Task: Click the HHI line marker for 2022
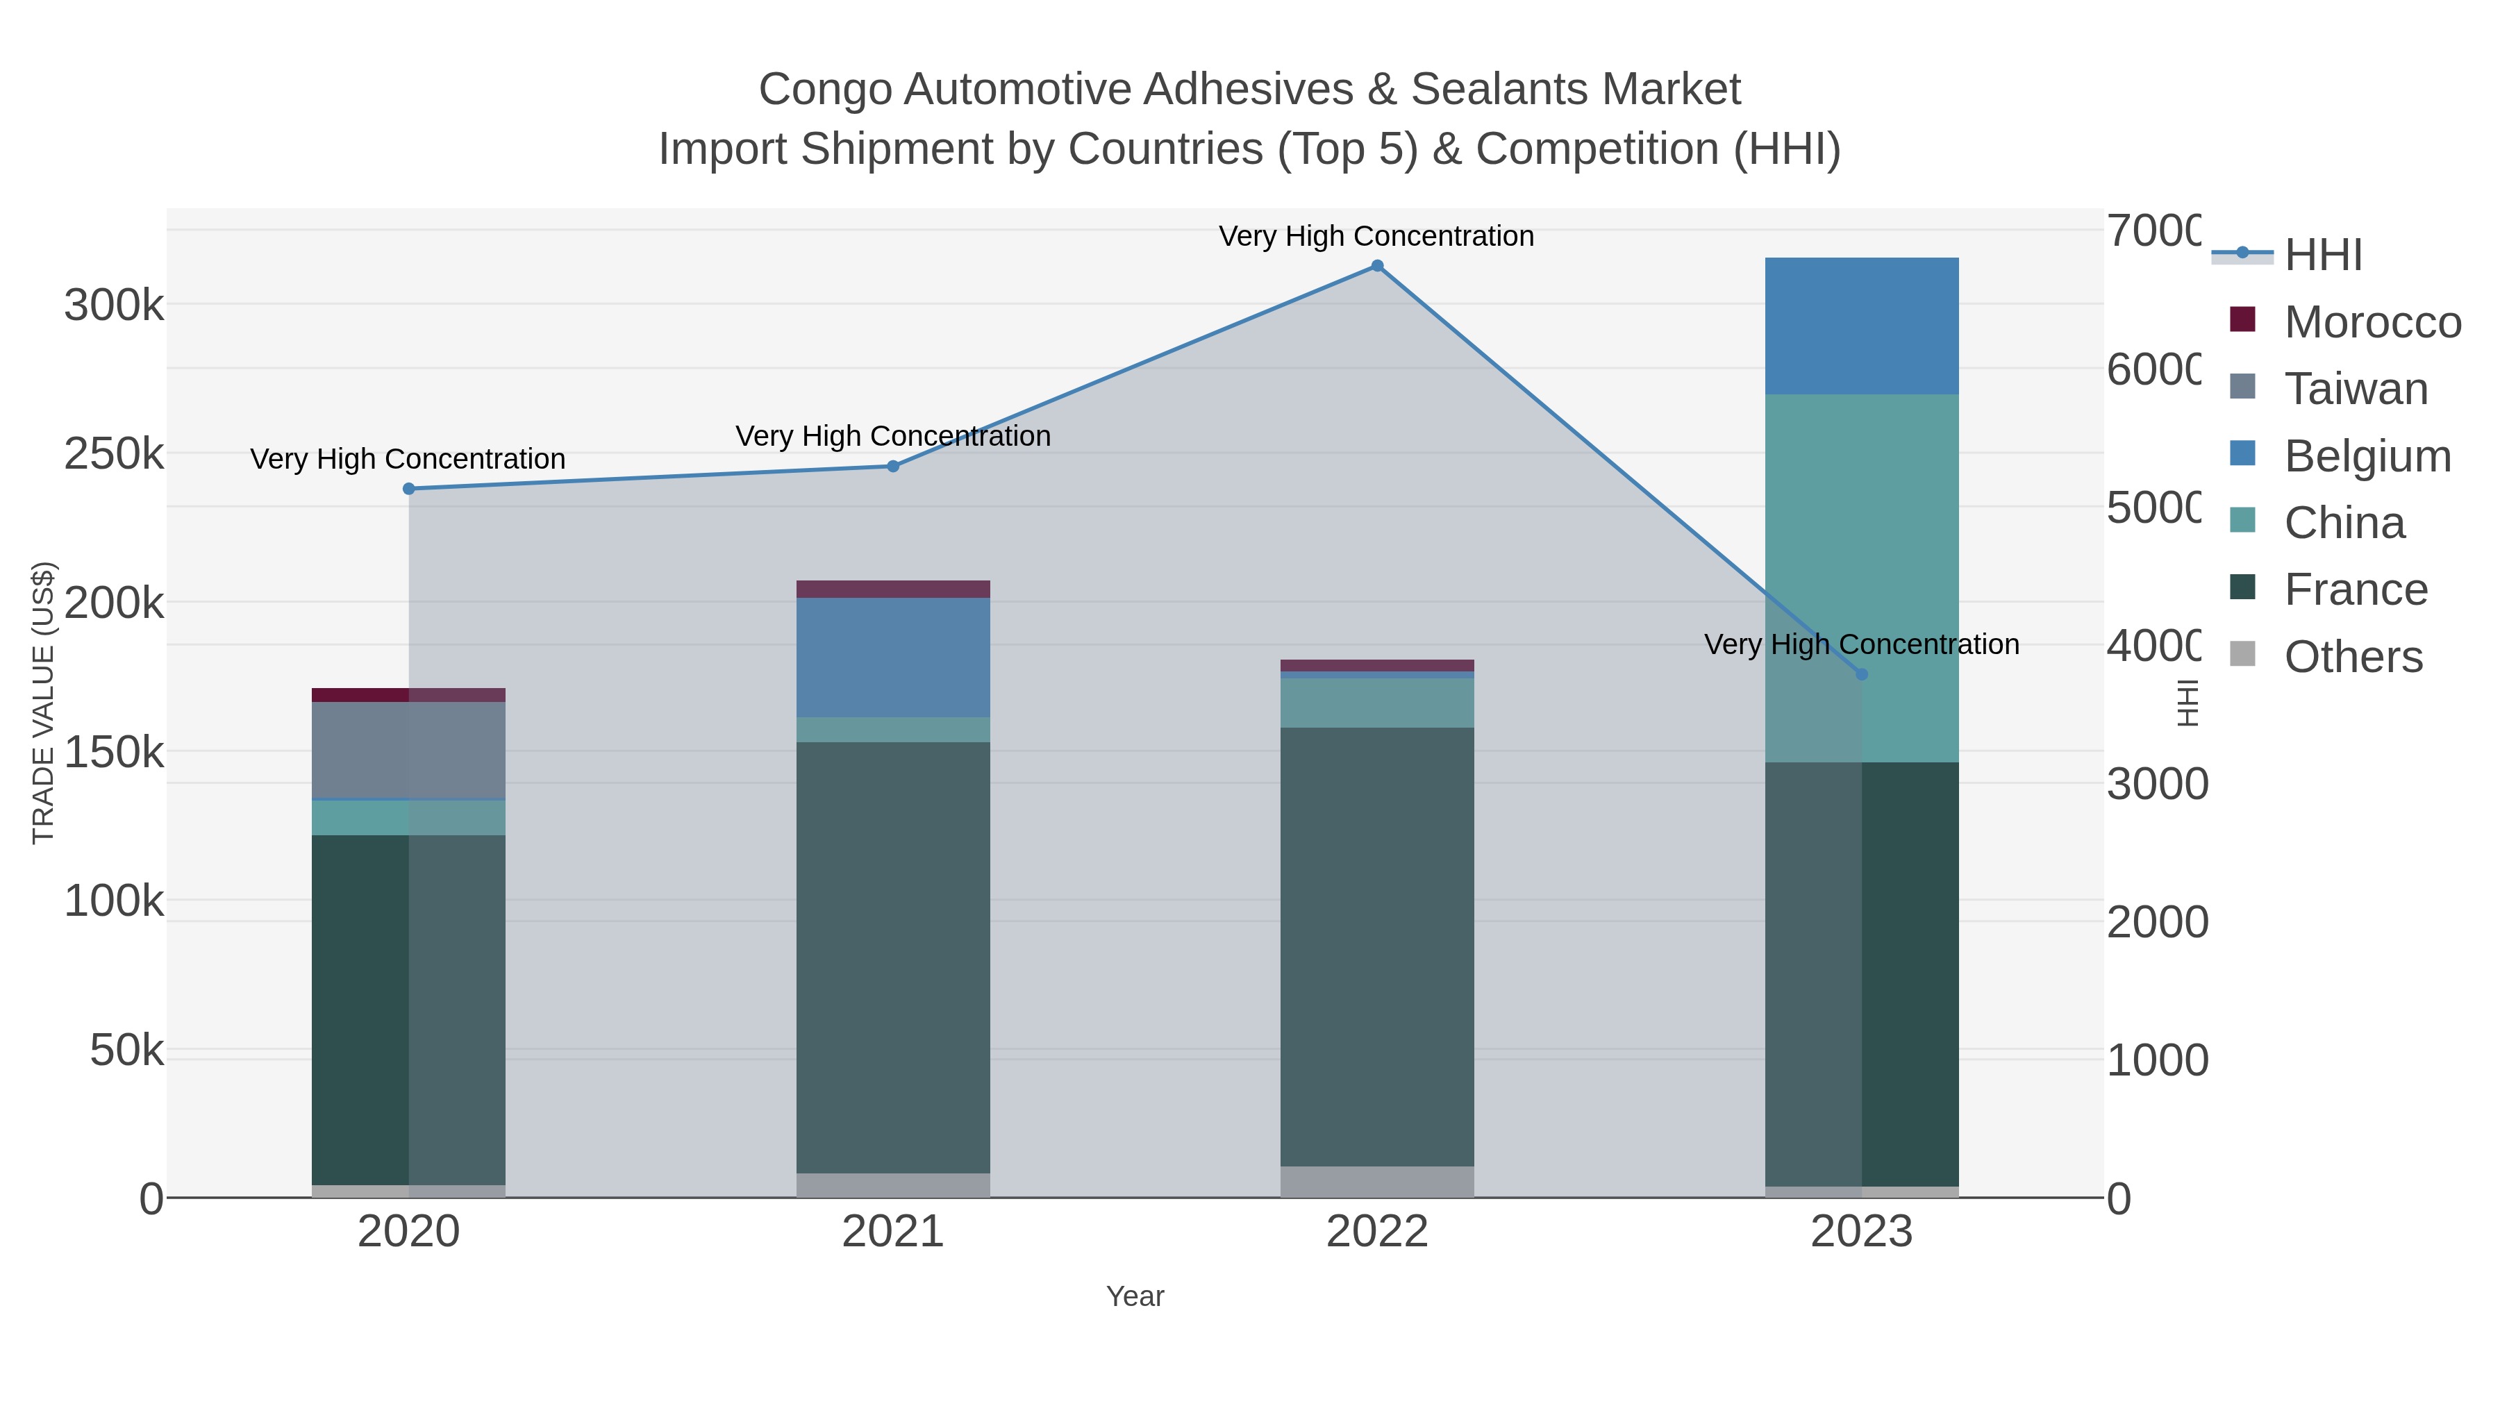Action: [x=1377, y=266]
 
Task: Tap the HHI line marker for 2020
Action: [x=408, y=489]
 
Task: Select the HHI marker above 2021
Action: [x=893, y=467]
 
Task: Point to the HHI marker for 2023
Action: [x=1861, y=674]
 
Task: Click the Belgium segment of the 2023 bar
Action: [x=1861, y=326]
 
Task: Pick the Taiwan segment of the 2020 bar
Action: [x=408, y=750]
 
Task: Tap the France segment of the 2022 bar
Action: [x=1377, y=946]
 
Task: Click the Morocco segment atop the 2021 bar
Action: [x=893, y=589]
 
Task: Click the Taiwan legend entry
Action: [x=2356, y=389]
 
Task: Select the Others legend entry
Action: [x=2353, y=657]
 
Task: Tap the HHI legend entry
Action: [x=2322, y=256]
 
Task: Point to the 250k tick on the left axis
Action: [x=114, y=454]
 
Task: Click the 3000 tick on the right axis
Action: [x=2156, y=784]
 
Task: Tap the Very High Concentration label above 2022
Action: [x=1376, y=236]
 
